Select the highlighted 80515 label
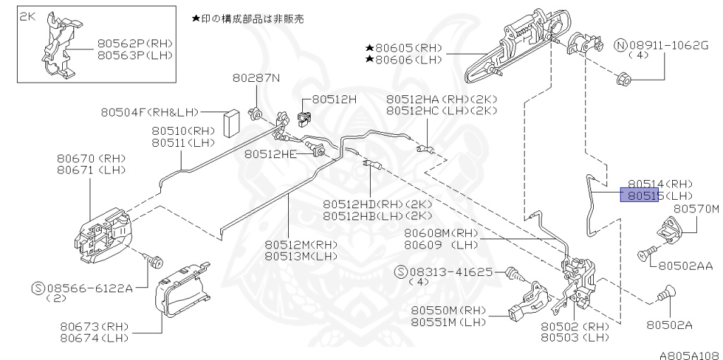tap(639, 195)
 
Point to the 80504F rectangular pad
tap(231, 124)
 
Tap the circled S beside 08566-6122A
tap(39, 288)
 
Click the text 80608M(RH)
tap(441, 233)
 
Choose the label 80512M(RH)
tap(301, 244)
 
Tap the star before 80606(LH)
tap(369, 61)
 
